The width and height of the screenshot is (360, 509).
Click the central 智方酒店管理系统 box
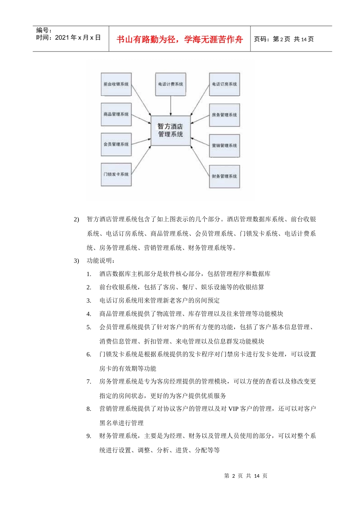pos(171,130)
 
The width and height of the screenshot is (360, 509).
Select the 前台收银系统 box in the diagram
pos(116,84)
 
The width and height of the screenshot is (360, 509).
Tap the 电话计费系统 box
pos(171,84)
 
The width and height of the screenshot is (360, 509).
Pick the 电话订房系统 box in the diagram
pos(224,84)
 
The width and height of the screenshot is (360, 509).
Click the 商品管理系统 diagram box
pos(116,114)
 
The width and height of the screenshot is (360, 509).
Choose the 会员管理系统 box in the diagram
pos(116,144)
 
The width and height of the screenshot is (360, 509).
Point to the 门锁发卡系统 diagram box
pos(116,174)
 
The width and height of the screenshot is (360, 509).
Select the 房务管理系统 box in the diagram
pos(224,115)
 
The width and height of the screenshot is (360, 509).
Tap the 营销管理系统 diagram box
pos(224,145)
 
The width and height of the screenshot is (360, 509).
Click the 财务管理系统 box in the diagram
pos(224,176)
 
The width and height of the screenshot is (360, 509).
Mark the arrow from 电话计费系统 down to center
pos(171,105)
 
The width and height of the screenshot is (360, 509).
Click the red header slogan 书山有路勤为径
pos(180,39)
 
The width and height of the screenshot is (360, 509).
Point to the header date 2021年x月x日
pos(78,37)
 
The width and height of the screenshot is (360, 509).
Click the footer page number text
pos(246,476)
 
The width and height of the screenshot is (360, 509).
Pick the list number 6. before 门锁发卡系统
pos(89,354)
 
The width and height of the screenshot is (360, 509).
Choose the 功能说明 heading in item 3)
pos(101,261)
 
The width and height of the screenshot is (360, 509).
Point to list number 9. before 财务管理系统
pos(89,436)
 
